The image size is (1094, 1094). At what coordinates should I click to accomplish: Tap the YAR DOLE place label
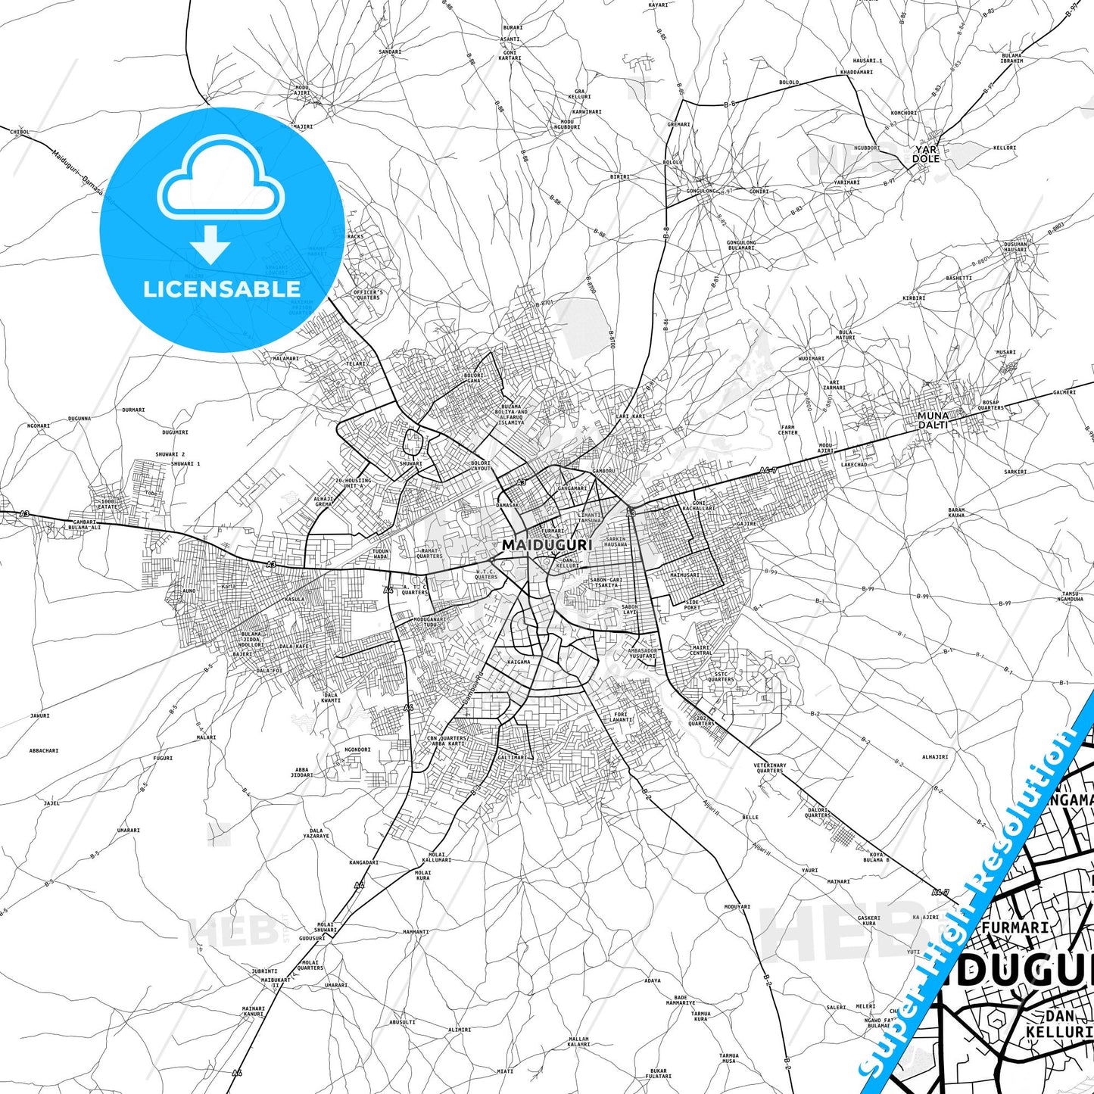coord(925,154)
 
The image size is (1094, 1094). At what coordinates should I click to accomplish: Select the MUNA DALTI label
coord(933,420)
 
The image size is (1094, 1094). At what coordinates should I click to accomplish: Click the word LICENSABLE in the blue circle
coord(222,289)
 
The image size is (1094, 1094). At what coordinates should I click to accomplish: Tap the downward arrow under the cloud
coord(210,244)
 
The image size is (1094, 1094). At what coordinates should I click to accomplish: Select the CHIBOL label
coord(20,132)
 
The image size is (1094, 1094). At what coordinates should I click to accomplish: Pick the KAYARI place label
coord(658,5)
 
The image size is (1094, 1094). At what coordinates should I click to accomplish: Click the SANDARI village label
coord(390,51)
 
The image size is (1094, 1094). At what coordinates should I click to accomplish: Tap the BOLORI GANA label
coord(473,377)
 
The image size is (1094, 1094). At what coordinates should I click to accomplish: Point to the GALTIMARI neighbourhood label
coord(513,757)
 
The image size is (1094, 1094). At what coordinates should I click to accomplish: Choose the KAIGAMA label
coord(519,662)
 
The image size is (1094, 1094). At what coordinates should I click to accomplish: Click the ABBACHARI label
coord(44,750)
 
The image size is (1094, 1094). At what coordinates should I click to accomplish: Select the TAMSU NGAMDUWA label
coord(1070,597)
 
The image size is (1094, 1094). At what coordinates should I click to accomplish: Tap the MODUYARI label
coord(737,906)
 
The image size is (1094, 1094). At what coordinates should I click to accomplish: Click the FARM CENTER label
coord(788,430)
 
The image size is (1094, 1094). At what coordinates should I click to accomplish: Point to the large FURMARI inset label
coord(1015,927)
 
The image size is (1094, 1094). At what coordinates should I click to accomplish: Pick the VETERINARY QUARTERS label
coord(770,768)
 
